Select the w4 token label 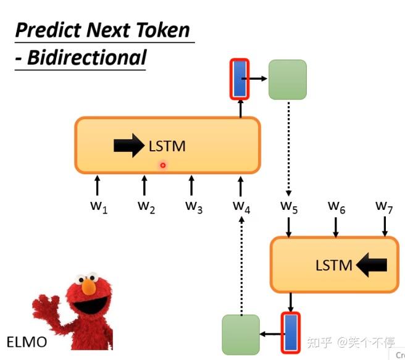(x=241, y=206)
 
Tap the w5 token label (x=288, y=206)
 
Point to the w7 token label (x=384, y=206)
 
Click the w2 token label (x=146, y=206)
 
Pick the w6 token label (x=336, y=206)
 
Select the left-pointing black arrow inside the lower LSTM (x=372, y=266)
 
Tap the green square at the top (x=287, y=79)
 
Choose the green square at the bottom (x=241, y=334)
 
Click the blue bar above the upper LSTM (x=240, y=78)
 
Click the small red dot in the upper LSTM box (x=163, y=165)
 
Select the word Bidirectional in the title (x=86, y=57)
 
